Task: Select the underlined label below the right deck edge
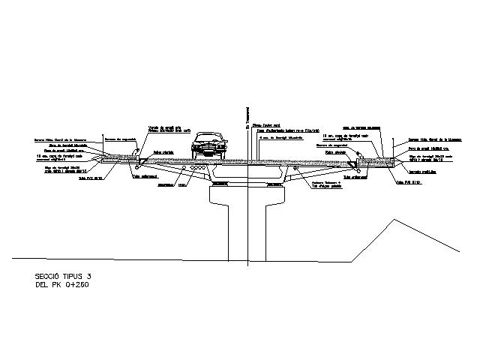(353, 178)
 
